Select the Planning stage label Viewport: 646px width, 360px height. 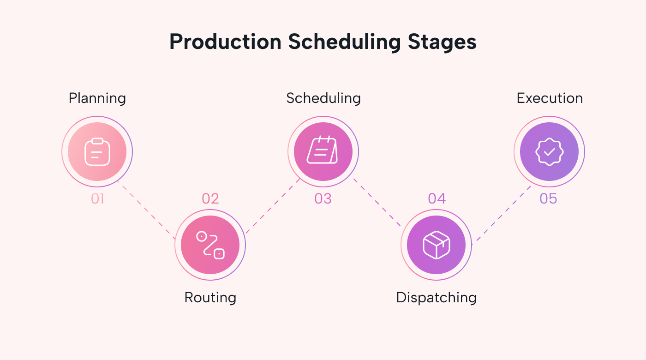[97, 98]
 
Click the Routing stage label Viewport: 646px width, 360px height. [210, 297]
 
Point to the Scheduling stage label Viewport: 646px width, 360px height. [323, 98]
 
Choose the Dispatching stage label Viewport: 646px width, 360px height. [436, 297]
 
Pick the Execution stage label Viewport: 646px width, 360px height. [549, 98]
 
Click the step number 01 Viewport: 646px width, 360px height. [97, 199]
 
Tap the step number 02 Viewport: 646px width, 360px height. [210, 199]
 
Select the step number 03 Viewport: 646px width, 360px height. [323, 199]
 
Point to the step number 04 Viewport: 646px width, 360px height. [437, 199]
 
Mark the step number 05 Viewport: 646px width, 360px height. [549, 199]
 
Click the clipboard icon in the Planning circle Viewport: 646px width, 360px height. [97, 152]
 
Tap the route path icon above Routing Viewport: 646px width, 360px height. [210, 245]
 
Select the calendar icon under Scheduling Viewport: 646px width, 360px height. [323, 150]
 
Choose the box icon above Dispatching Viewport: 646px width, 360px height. [436, 245]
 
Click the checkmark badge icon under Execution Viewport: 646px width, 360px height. [549, 152]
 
